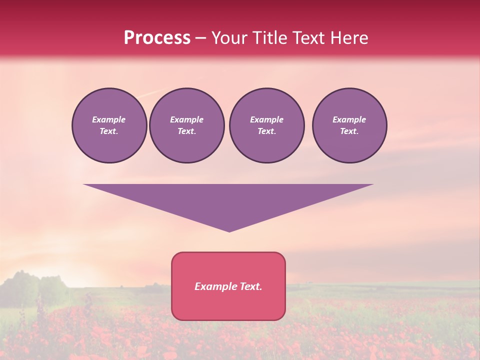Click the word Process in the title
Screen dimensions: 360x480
coord(157,38)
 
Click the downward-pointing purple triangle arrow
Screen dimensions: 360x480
coord(228,200)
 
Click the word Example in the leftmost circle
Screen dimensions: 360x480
coord(109,119)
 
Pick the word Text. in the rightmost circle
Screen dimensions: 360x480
coord(349,131)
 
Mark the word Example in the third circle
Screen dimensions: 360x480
coord(266,119)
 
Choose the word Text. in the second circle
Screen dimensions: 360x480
coord(186,131)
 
